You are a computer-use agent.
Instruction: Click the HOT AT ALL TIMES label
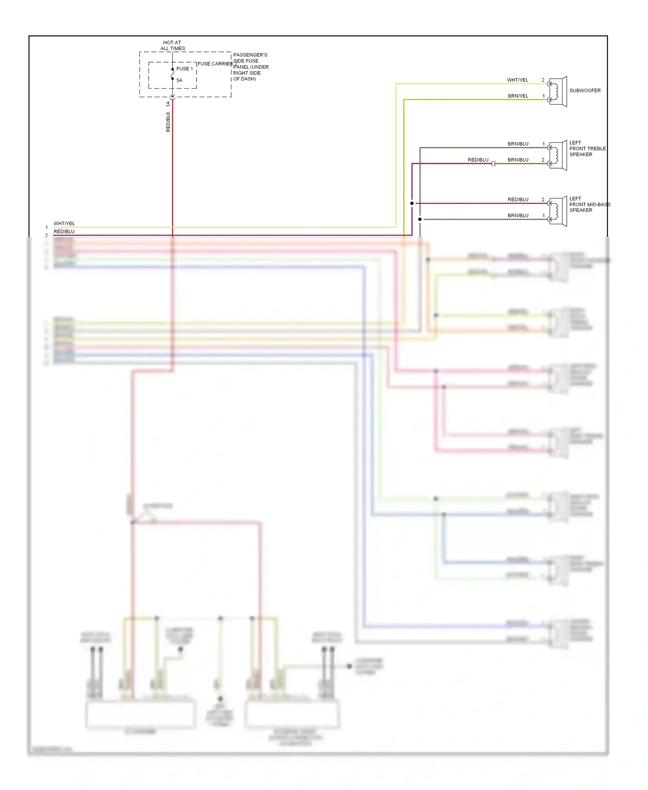[x=172, y=45]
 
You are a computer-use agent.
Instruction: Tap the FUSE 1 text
[x=184, y=69]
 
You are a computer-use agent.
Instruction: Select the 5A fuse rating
[x=179, y=80]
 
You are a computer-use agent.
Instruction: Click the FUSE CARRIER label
[x=215, y=64]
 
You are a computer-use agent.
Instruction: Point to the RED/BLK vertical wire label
[x=168, y=122]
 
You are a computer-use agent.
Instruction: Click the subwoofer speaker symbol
[x=558, y=92]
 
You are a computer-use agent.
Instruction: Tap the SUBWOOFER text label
[x=585, y=90]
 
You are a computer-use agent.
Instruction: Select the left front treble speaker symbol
[x=558, y=156]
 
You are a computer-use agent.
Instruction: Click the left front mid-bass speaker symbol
[x=558, y=211]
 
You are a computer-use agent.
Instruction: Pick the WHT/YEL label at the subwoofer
[x=518, y=80]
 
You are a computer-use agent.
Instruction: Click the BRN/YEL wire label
[x=518, y=96]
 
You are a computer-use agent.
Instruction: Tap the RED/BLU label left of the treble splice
[x=478, y=160]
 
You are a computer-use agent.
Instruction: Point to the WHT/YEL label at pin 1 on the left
[x=64, y=223]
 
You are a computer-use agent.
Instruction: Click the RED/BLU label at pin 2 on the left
[x=64, y=232]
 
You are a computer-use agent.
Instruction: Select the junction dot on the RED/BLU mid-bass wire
[x=412, y=203]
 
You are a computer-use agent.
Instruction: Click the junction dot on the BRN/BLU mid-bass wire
[x=420, y=219]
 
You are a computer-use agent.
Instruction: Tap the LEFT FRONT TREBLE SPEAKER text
[x=587, y=148]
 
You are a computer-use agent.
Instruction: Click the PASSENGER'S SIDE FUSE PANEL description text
[x=251, y=67]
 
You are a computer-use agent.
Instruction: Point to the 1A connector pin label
[x=168, y=104]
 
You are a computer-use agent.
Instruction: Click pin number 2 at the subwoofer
[x=543, y=80]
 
